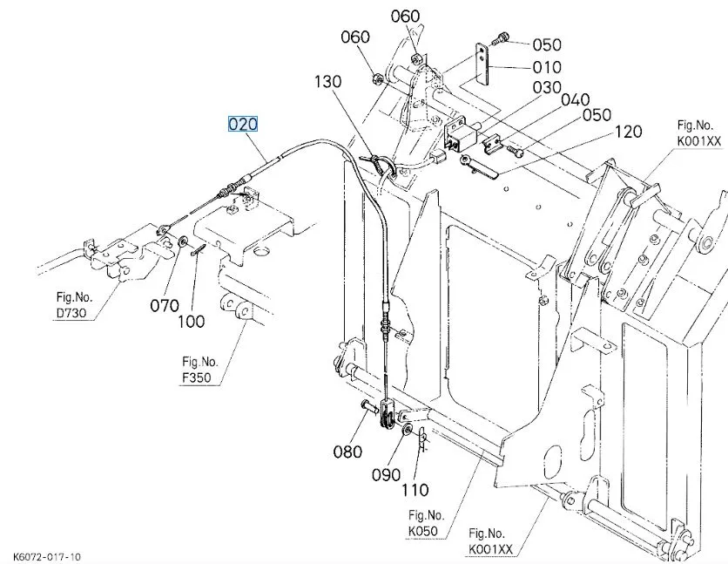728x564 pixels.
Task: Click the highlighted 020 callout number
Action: (x=243, y=124)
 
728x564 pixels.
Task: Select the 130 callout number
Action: (x=328, y=81)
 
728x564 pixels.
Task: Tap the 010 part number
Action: (x=547, y=67)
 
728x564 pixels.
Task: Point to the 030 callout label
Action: (x=547, y=87)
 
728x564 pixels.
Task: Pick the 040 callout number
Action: (x=575, y=100)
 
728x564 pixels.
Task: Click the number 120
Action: (x=628, y=132)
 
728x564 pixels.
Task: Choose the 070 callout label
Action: (x=164, y=306)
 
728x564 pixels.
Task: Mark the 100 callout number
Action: (x=191, y=322)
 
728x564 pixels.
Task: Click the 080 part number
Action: (x=347, y=452)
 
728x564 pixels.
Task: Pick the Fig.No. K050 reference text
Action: (x=427, y=522)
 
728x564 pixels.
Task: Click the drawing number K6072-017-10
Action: (x=48, y=556)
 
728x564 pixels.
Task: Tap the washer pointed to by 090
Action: (x=406, y=430)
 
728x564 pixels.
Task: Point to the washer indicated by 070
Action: (x=183, y=241)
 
